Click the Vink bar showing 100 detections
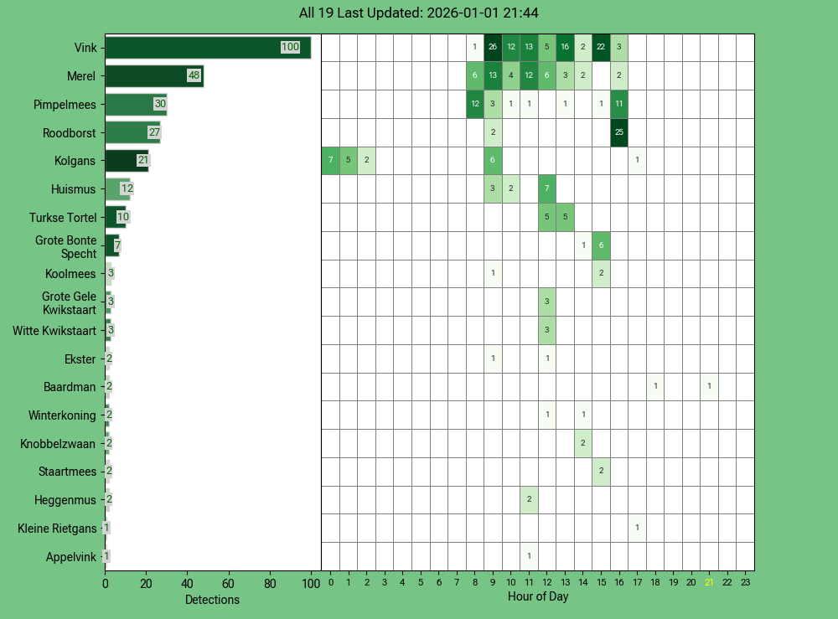pyautogui.click(x=207, y=48)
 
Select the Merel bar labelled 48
pyautogui.click(x=153, y=76)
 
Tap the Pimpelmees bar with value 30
pyautogui.click(x=135, y=105)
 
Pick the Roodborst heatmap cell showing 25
pyautogui.click(x=619, y=132)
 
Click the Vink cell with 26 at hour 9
pyautogui.click(x=493, y=48)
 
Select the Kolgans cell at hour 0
pyautogui.click(x=331, y=161)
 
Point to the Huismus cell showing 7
pyautogui.click(x=547, y=188)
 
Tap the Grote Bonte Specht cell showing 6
pyautogui.click(x=601, y=245)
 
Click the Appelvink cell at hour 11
pyautogui.click(x=529, y=556)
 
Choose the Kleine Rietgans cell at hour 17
pyautogui.click(x=638, y=528)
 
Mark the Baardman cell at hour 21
pyautogui.click(x=709, y=387)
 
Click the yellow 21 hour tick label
pyautogui.click(x=709, y=583)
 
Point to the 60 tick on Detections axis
pyautogui.click(x=229, y=583)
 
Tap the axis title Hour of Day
pyautogui.click(x=538, y=597)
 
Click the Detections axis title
pyautogui.click(x=212, y=600)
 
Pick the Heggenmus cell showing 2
pyautogui.click(x=529, y=499)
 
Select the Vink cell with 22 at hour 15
pyautogui.click(x=601, y=48)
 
